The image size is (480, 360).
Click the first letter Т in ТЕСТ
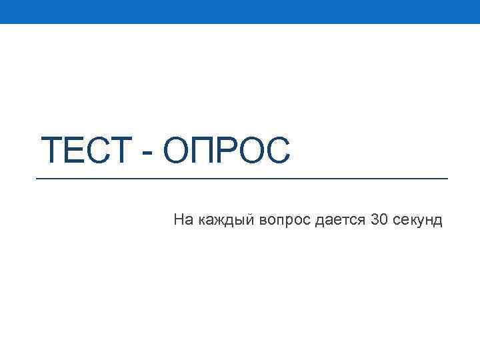(x=51, y=150)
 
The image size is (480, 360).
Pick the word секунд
(x=417, y=220)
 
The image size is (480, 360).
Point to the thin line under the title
(x=241, y=179)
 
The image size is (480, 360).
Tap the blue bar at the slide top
(x=240, y=11)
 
